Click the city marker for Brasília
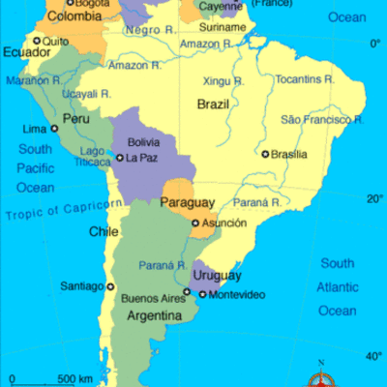[265, 154]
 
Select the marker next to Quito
[38, 41]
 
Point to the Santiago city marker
[109, 286]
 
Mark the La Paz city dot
[120, 158]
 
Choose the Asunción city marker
[205, 223]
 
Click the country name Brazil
[213, 104]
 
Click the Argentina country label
[150, 316]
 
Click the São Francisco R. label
[321, 119]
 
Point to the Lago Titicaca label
[93, 158]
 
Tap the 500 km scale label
[74, 377]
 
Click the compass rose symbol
[319, 379]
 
